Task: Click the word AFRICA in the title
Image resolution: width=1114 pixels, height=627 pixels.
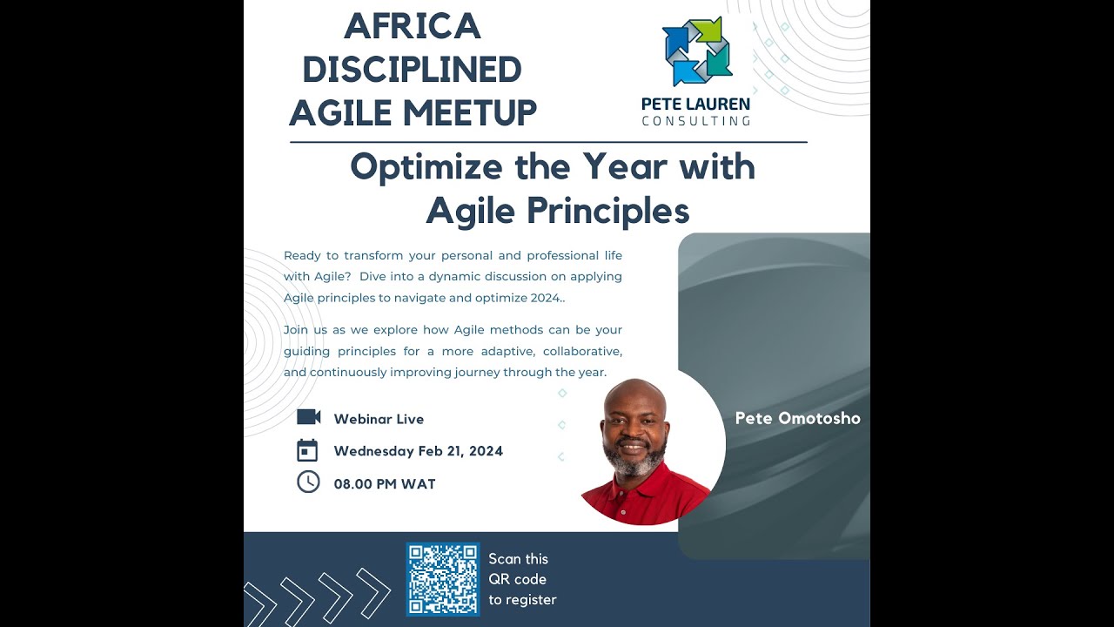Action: [x=413, y=26]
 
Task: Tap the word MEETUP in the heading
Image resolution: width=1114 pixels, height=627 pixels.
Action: [x=476, y=113]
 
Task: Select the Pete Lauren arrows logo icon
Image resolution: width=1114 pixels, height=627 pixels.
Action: [x=697, y=51]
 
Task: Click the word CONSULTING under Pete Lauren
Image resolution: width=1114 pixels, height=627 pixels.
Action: [x=695, y=121]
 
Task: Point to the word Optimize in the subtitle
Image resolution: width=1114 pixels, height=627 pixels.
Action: [x=426, y=166]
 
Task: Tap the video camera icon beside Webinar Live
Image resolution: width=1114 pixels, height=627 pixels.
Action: [x=308, y=417]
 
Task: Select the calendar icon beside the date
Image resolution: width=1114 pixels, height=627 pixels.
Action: [x=307, y=450]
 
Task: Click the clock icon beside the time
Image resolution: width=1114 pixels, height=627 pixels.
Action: [x=308, y=482]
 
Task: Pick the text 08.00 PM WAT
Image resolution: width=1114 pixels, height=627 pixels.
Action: [x=385, y=484]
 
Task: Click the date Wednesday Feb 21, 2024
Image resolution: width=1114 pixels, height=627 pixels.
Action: [x=418, y=451]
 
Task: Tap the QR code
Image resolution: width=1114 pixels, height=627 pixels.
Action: [x=442, y=579]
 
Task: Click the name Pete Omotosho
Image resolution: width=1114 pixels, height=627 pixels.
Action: [x=797, y=418]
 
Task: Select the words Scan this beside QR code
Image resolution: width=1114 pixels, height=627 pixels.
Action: [x=518, y=559]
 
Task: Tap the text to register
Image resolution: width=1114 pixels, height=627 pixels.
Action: [x=521, y=599]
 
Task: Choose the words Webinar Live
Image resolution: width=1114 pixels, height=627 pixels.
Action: [x=379, y=419]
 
